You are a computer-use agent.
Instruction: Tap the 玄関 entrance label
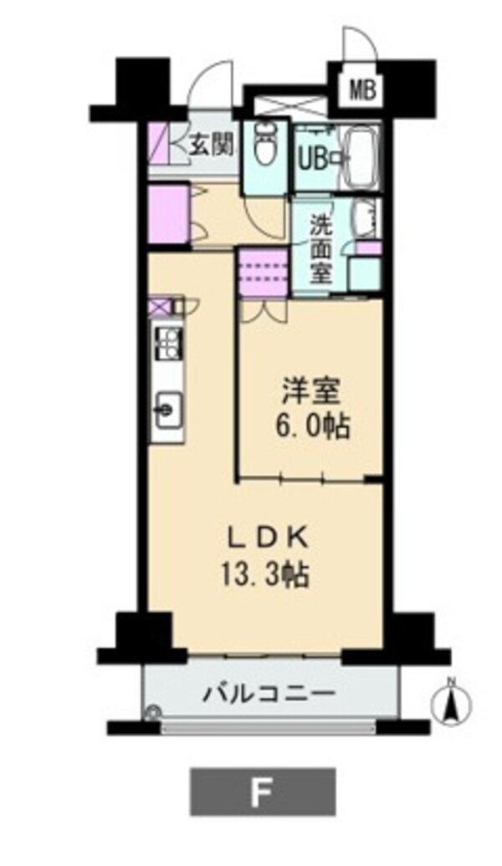point(209,145)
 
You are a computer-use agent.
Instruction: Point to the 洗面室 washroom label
point(320,247)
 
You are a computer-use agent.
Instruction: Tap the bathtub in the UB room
point(361,157)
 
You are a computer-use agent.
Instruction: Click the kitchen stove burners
point(167,342)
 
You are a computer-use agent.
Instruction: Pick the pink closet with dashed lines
point(262,273)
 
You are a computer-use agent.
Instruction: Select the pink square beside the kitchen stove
point(158,306)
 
